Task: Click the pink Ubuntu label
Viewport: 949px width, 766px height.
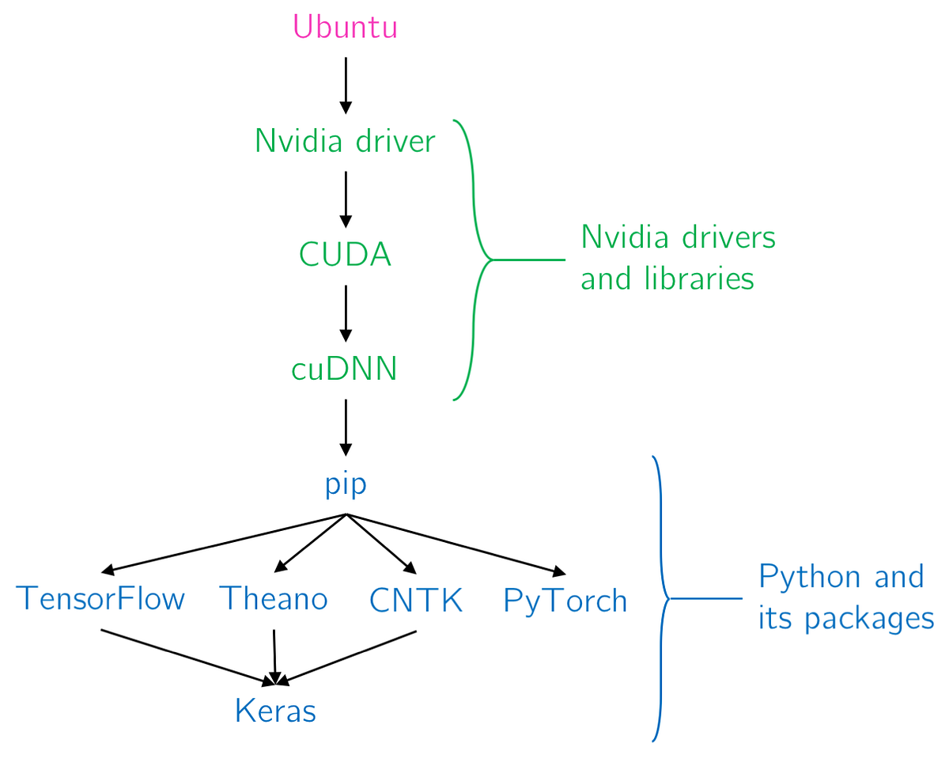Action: (345, 28)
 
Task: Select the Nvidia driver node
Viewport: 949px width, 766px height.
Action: (345, 142)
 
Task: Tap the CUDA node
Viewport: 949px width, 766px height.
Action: (345, 256)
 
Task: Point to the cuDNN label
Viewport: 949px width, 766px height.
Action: (345, 370)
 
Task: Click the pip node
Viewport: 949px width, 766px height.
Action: (346, 484)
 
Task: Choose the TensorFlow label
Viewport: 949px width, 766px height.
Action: (100, 599)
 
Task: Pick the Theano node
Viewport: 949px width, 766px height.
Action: (274, 599)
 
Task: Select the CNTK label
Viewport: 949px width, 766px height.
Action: (416, 601)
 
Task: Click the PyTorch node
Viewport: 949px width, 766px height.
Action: (565, 601)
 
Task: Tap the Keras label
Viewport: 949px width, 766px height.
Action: (275, 711)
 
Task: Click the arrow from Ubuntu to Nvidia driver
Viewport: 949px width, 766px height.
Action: (346, 85)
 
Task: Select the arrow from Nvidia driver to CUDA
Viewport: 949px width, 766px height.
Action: (346, 199)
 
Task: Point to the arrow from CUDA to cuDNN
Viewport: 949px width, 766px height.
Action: (346, 313)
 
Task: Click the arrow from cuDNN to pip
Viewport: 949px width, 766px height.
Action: (346, 427)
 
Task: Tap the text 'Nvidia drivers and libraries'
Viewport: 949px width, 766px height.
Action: (677, 258)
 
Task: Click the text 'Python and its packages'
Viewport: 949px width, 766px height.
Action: (845, 597)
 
